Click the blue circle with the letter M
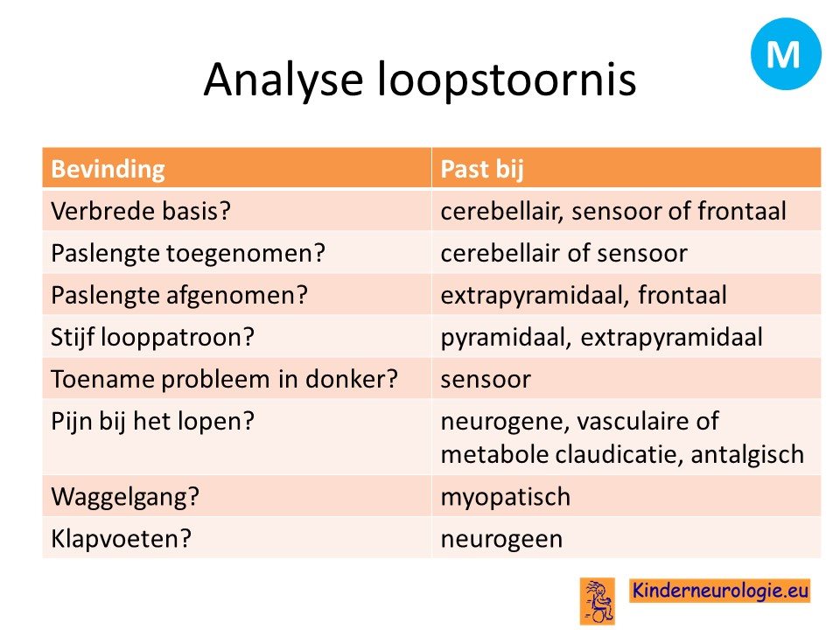pos(786,53)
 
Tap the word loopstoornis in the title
pos(507,80)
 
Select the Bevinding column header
pos(108,169)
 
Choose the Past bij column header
pos(481,169)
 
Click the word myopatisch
pos(505,497)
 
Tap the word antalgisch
pos(747,455)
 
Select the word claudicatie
pos(619,455)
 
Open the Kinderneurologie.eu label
pos(719,591)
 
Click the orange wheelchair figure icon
pos(597,600)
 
